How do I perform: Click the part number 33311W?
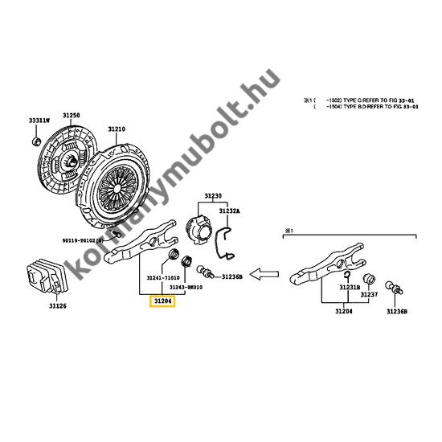39,120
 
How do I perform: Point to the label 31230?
212,195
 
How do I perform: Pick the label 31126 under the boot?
57,305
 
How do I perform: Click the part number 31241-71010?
163,279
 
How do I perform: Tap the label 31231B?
348,288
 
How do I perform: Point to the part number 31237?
369,295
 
